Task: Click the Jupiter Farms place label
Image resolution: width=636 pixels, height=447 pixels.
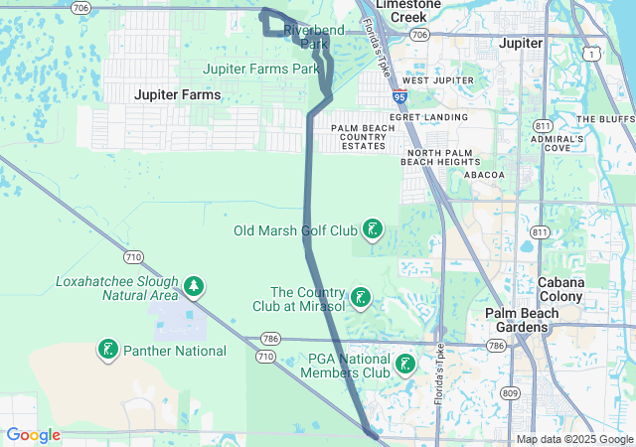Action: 178,94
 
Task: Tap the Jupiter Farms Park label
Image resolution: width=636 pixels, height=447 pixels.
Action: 261,69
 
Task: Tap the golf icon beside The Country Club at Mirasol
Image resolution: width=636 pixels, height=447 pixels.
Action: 360,297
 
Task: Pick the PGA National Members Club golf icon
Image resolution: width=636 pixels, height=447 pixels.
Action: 404,365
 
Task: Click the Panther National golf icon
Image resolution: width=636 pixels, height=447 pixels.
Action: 106,350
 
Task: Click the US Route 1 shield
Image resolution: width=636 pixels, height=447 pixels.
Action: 594,53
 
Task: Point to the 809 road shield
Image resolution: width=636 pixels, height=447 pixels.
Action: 511,393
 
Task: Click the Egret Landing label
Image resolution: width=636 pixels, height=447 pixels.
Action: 428,117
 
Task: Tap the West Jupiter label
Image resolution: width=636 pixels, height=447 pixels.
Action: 437,79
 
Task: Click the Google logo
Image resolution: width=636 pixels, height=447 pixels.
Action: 34,435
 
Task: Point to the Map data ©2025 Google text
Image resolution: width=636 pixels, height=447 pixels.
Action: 573,439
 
